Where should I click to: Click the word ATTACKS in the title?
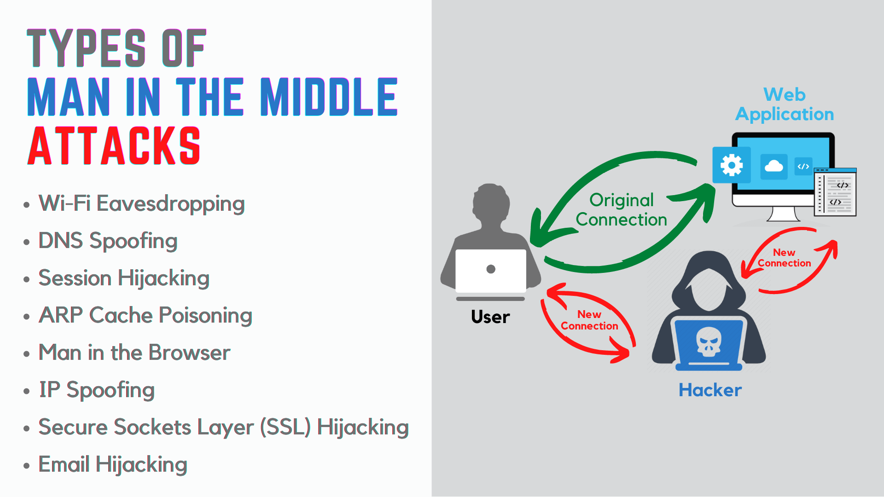point(114,146)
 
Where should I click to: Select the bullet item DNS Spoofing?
point(108,241)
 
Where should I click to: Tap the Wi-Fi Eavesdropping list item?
point(141,203)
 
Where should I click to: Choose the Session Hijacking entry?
point(124,278)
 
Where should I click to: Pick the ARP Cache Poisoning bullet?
point(145,315)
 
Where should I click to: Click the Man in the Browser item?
point(134,353)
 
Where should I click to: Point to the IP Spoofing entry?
point(97,390)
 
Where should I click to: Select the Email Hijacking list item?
point(113,464)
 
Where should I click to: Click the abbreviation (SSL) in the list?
point(285,427)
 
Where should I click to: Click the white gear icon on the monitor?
point(732,165)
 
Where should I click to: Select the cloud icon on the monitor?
point(773,166)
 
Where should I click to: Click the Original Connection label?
point(621,210)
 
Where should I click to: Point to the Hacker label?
point(710,390)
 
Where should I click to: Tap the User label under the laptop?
point(490,317)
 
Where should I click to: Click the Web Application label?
point(785,104)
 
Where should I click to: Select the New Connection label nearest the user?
point(589,320)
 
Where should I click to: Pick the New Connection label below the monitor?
point(784,258)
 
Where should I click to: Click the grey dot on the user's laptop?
point(491,269)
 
